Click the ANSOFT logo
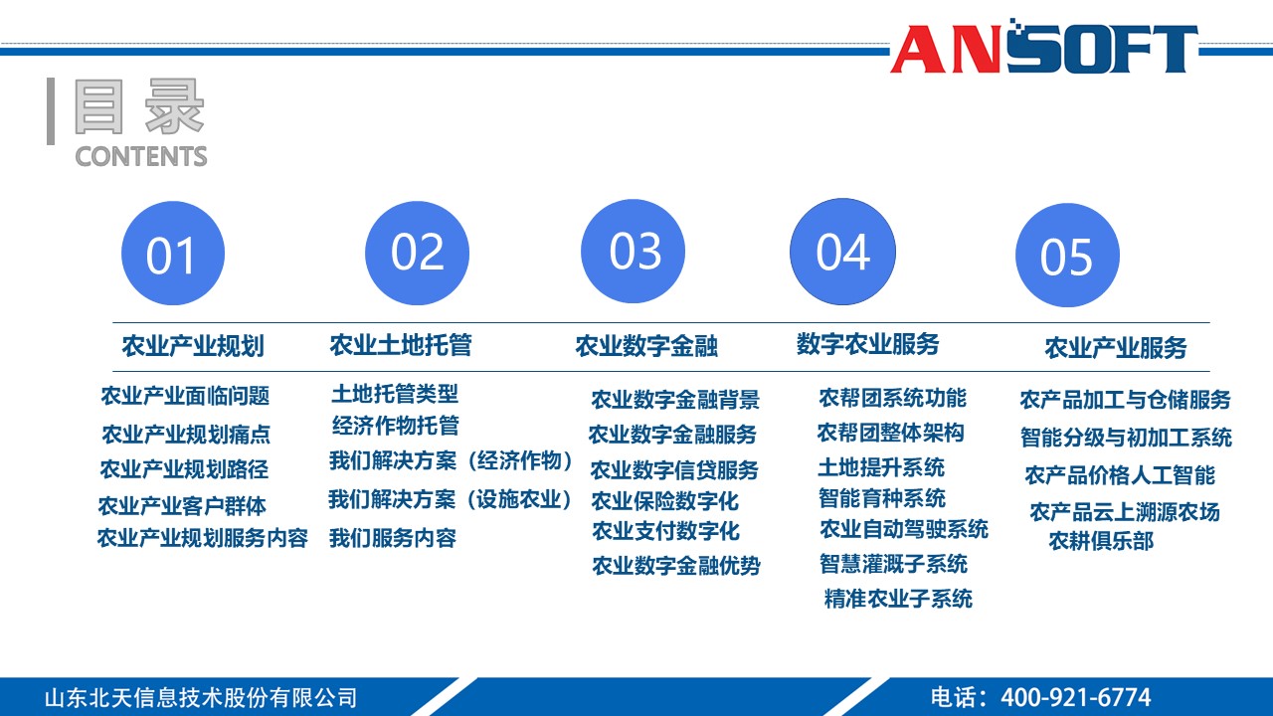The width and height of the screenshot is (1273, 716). tap(1043, 47)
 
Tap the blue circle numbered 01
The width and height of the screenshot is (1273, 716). tap(173, 254)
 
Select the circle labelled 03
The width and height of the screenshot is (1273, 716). tap(634, 252)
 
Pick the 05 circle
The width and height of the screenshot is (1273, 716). tap(1067, 256)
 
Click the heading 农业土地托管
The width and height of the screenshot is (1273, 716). tap(401, 345)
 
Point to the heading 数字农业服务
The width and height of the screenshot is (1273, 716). tap(867, 344)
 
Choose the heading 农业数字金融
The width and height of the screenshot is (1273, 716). tap(646, 346)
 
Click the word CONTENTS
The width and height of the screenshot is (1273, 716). tap(141, 157)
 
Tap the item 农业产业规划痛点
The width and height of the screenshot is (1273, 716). tap(186, 435)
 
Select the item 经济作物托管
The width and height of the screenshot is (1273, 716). tap(396, 426)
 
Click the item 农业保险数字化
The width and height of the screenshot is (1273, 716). tap(665, 501)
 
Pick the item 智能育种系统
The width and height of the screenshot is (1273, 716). tap(882, 497)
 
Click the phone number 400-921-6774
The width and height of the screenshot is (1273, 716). tap(1075, 697)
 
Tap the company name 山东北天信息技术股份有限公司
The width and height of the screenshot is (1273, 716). tap(200, 697)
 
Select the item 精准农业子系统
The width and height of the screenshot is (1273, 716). tap(898, 599)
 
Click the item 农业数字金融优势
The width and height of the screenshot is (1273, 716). tap(676, 566)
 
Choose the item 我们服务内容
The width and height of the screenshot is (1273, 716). tap(393, 538)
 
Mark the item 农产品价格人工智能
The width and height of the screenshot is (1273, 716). tap(1120, 475)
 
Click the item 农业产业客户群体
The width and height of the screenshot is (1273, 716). tap(182, 506)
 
